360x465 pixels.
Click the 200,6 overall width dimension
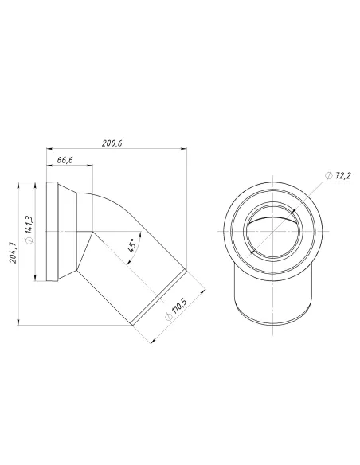[x=112, y=143]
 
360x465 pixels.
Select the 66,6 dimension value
[x=66, y=161]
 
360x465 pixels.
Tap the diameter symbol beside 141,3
[x=29, y=240]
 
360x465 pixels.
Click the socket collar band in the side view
[x=53, y=231]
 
